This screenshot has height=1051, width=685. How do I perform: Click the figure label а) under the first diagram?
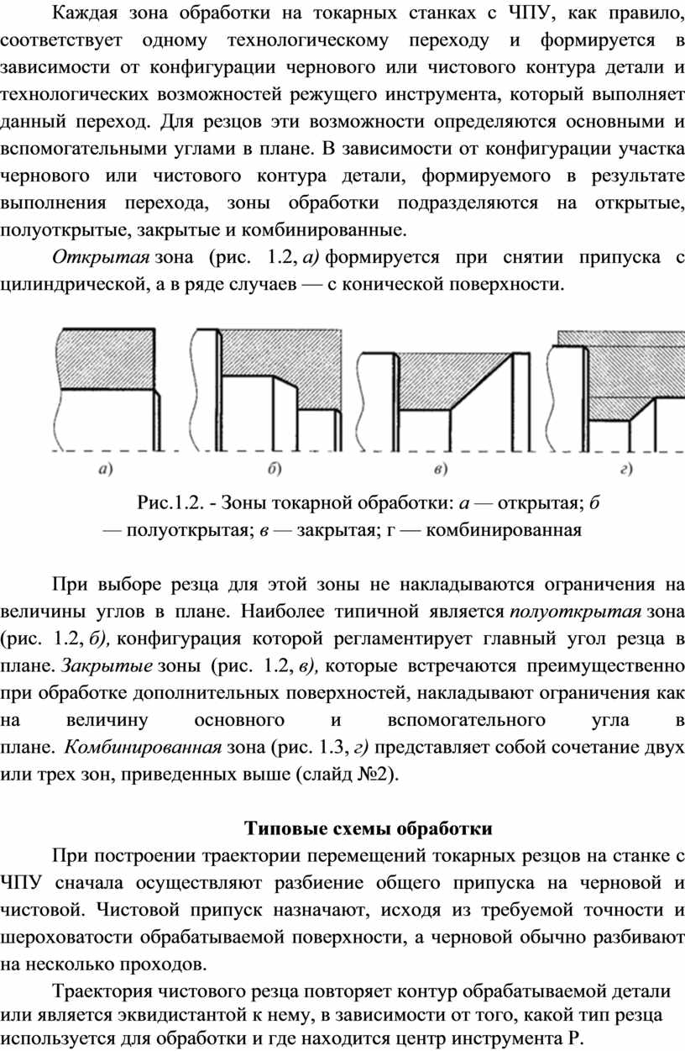[107, 470]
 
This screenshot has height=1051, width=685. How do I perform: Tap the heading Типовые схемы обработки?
[368, 828]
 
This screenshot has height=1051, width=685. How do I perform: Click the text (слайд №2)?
[348, 775]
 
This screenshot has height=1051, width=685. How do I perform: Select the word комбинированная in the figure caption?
[504, 531]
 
